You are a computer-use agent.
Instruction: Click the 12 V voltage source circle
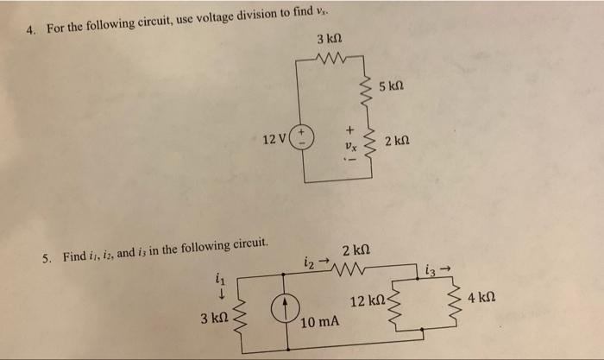304,136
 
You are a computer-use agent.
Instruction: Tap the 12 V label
276,138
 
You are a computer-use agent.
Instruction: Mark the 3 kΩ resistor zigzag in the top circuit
330,60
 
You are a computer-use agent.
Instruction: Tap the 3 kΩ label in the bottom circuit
213,319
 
